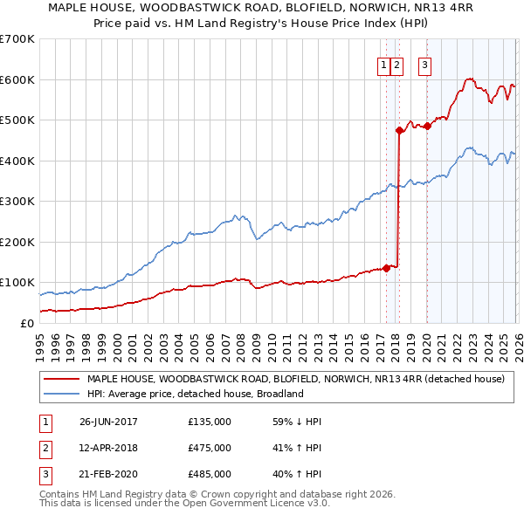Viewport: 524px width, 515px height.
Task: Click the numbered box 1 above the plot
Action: [383, 64]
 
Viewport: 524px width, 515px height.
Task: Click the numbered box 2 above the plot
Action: [396, 64]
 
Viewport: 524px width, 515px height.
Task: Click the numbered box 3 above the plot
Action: [425, 64]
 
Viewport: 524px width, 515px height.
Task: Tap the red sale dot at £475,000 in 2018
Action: [399, 131]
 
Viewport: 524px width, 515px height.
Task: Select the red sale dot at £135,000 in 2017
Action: [386, 268]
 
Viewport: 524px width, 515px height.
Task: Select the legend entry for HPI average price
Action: [194, 394]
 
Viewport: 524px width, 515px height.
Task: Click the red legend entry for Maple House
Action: [295, 379]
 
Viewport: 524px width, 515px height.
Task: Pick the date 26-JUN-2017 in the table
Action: [108, 422]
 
